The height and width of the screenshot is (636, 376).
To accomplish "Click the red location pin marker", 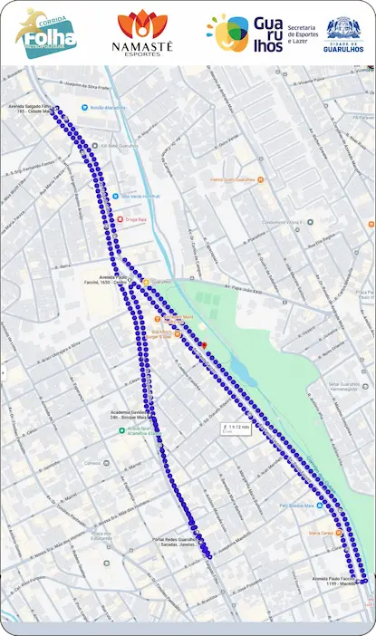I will tap(204, 345).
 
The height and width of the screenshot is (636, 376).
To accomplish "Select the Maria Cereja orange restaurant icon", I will tap(318, 532).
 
